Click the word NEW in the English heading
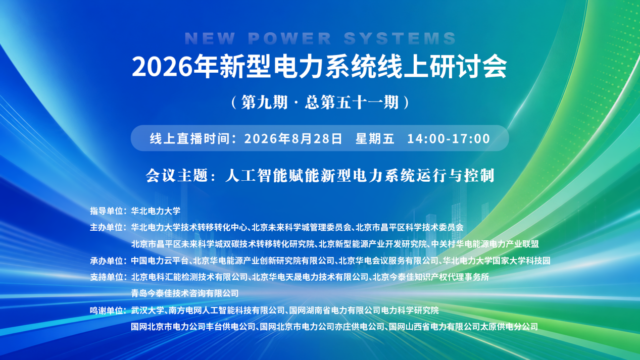tap(210, 38)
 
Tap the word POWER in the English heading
tap(289, 38)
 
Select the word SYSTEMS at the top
tap(400, 38)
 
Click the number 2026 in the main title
tap(162, 67)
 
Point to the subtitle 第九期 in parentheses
tap(264, 102)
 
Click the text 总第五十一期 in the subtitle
tap(352, 102)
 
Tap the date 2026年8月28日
tap(293, 139)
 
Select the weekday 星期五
tap(375, 139)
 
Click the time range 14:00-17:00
tap(449, 139)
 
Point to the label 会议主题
tap(177, 175)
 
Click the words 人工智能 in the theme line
tap(257, 175)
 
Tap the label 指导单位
tap(106, 211)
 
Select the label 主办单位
tap(106, 228)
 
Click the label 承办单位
tap(106, 261)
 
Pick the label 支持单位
tap(106, 277)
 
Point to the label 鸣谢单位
tap(106, 311)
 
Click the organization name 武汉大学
tap(147, 311)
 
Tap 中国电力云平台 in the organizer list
tap(160, 261)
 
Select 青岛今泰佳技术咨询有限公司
tap(185, 293)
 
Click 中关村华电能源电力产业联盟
tap(485, 244)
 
